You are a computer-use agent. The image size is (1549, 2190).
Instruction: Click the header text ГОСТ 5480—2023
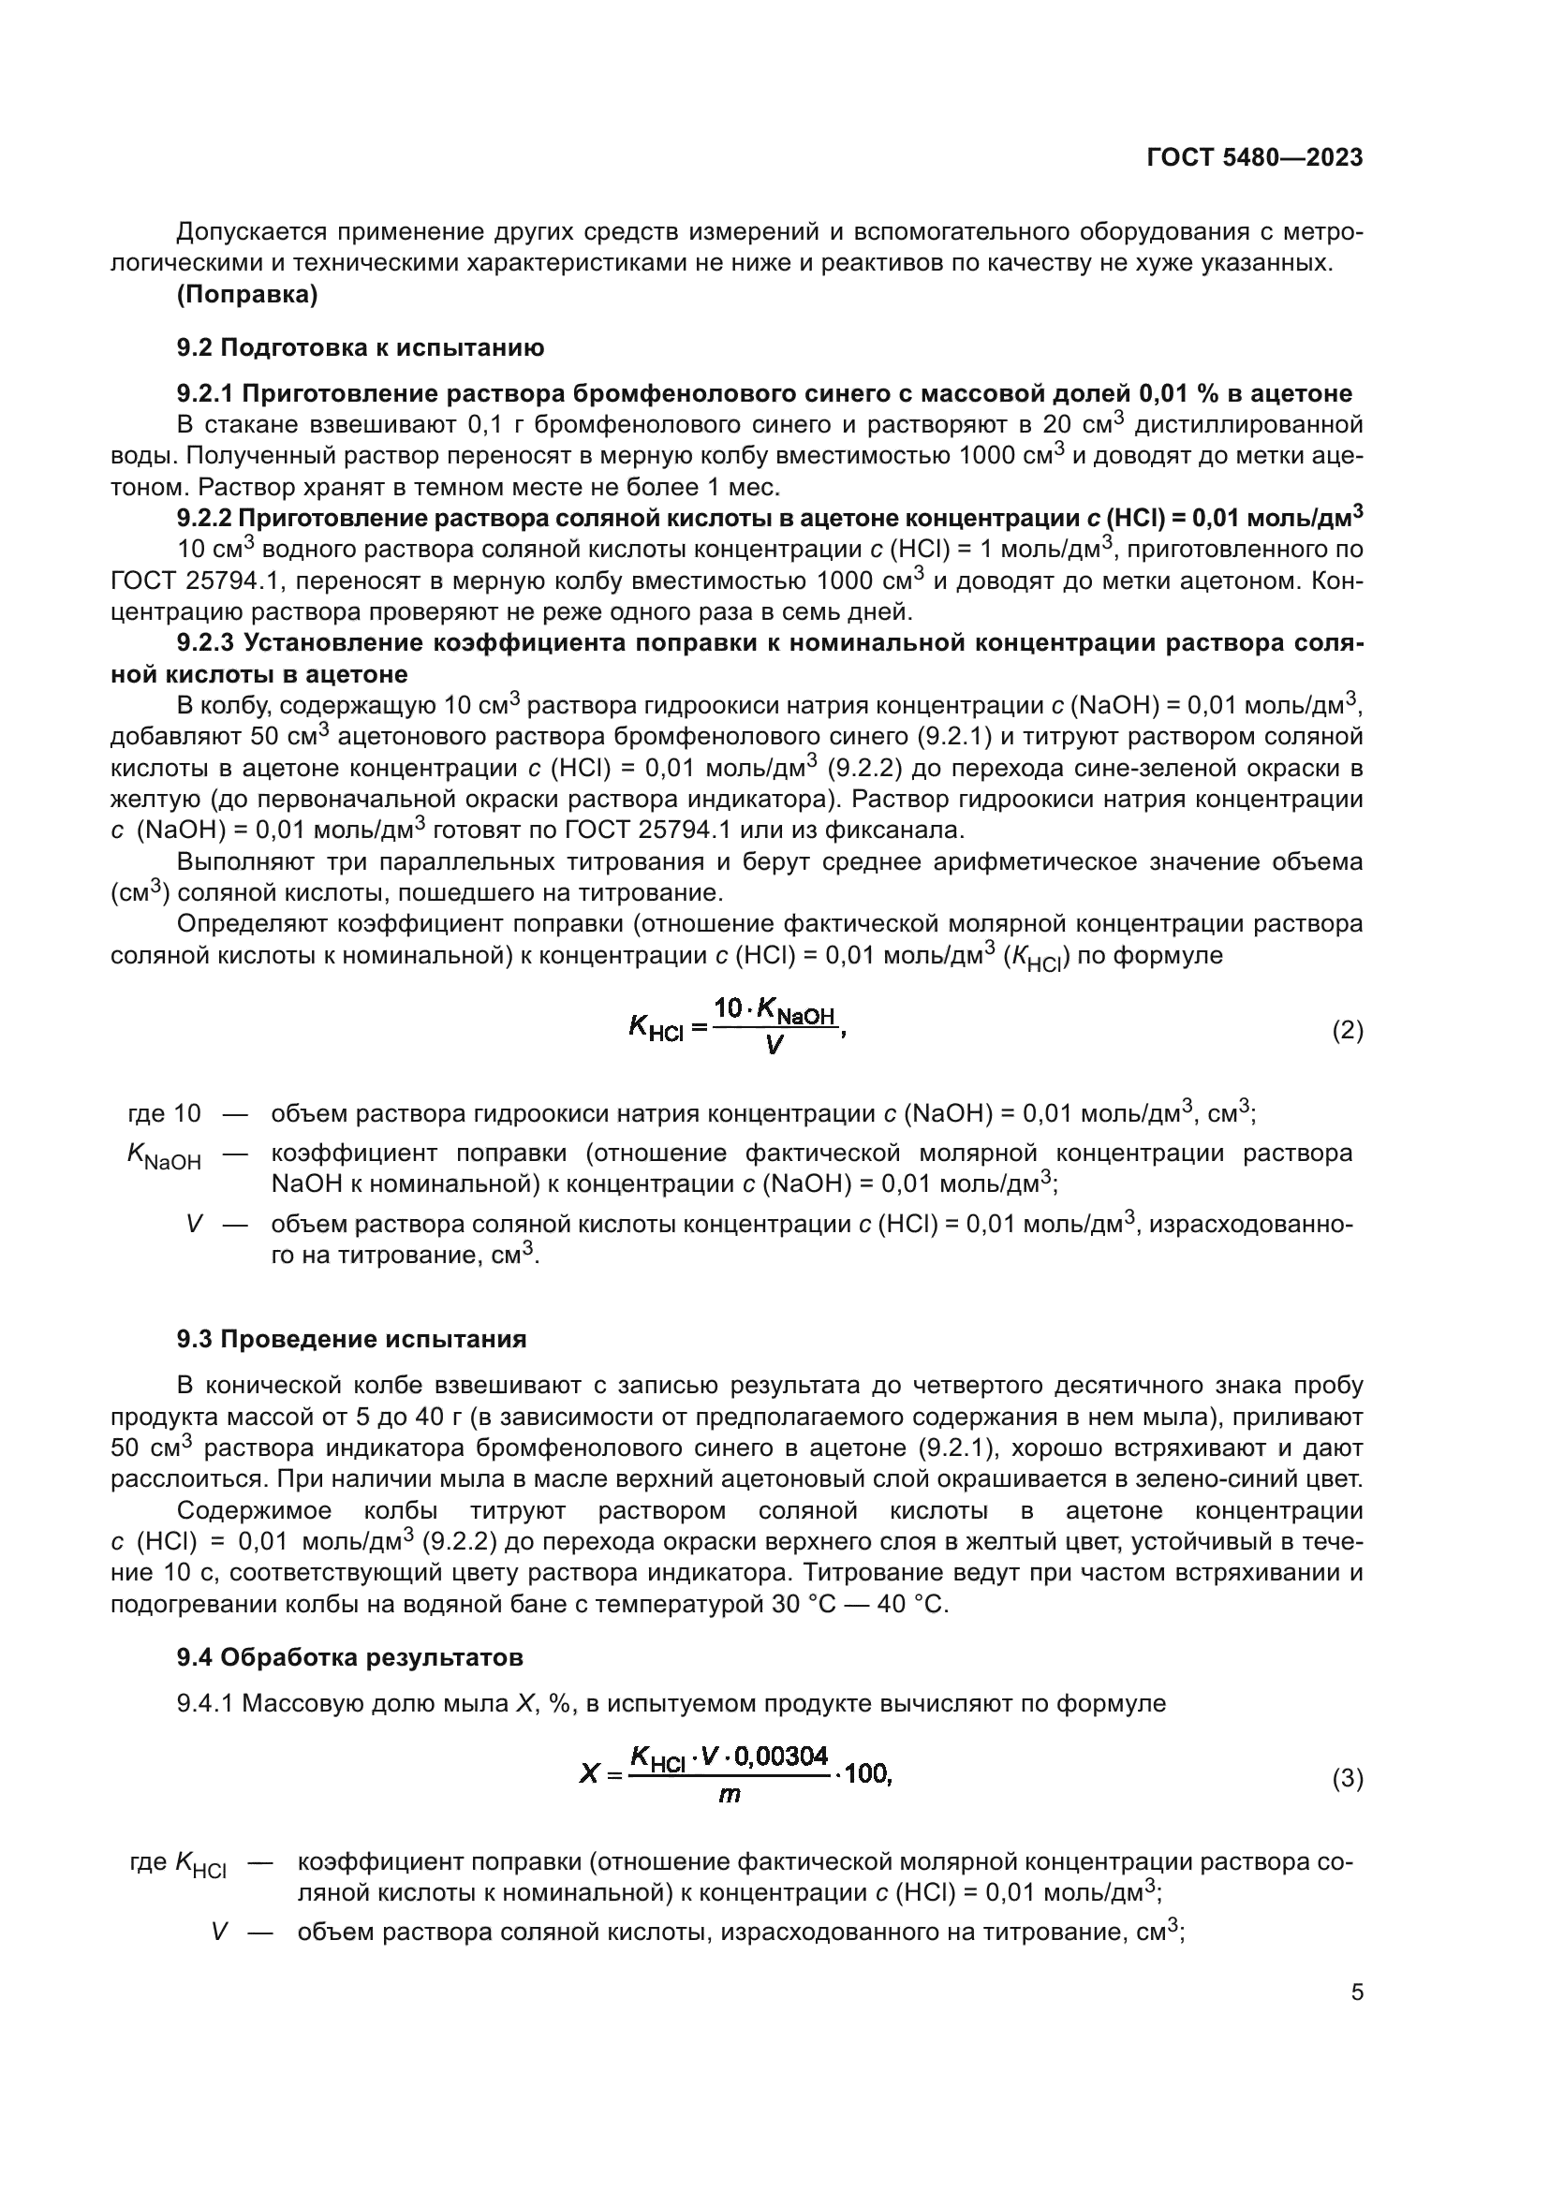1254,158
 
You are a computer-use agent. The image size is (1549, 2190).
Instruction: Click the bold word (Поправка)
247,295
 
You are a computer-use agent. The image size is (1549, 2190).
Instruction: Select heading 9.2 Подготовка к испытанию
360,347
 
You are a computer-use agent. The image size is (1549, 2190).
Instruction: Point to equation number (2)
1347,1030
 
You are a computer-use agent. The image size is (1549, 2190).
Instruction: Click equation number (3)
1347,1778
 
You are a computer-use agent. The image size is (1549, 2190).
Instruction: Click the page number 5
1356,1992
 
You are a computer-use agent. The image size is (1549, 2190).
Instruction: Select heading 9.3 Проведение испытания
351,1339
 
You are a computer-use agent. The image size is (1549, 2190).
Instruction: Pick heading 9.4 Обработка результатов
349,1658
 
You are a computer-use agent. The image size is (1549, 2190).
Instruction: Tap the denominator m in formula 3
729,1795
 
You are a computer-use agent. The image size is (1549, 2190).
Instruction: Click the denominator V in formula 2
774,1047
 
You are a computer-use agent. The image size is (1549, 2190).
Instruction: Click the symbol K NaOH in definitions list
164,1157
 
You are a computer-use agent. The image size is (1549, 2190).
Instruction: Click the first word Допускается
252,232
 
